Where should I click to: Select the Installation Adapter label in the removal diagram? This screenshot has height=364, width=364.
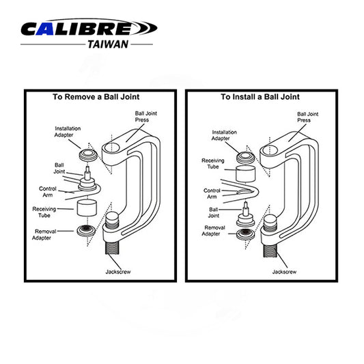click(70, 131)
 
